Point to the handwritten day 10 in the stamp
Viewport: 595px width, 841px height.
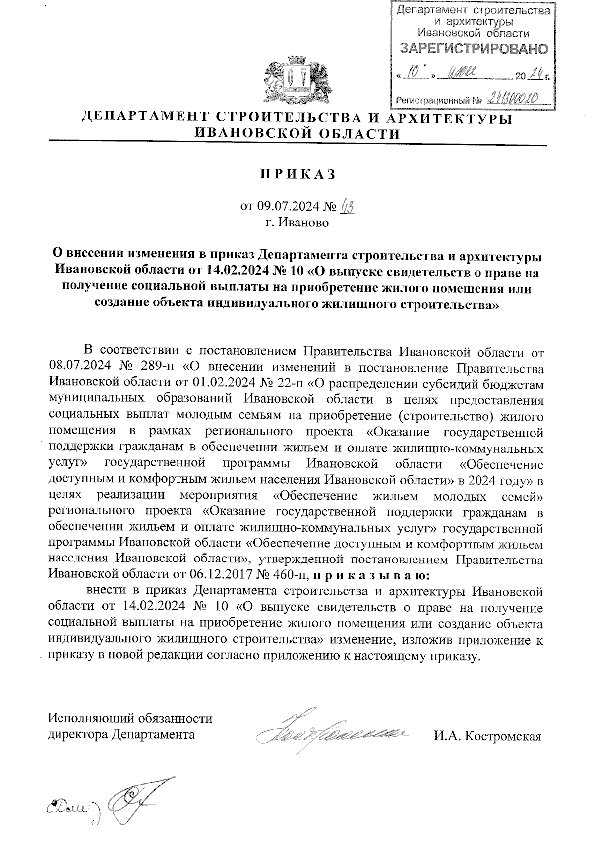pyautogui.click(x=415, y=75)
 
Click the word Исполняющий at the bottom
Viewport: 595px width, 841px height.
pyautogui.click(x=90, y=718)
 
